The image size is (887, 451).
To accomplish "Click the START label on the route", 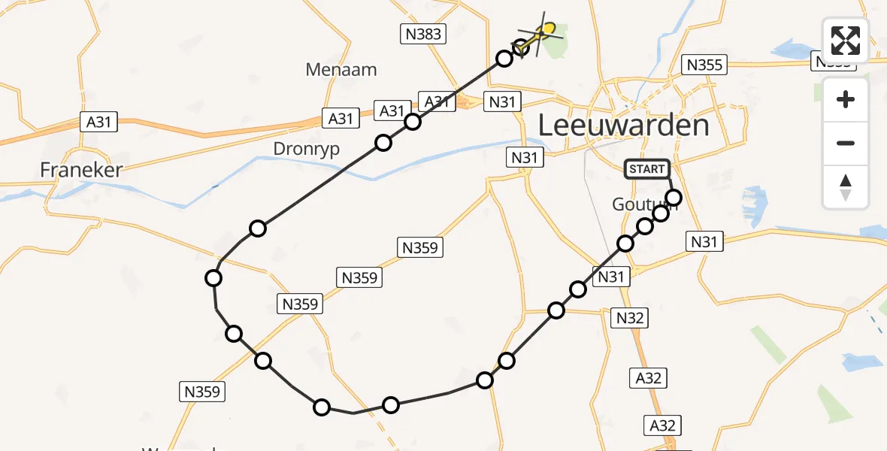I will click(646, 169).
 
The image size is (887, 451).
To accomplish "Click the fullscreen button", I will click(846, 41).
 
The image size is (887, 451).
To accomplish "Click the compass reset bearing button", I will click(846, 186).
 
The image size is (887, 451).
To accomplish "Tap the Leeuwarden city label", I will click(624, 126).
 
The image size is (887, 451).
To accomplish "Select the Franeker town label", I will click(80, 171).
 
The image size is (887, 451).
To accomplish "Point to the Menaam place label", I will click(341, 70).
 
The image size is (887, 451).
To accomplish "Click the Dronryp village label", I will click(306, 149).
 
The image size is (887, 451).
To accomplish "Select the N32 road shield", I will click(630, 318).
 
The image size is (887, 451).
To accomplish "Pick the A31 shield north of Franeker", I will click(100, 122).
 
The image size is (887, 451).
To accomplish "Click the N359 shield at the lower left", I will click(202, 392).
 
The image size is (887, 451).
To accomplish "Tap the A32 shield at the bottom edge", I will click(662, 426).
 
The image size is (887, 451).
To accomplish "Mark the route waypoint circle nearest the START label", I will click(674, 198).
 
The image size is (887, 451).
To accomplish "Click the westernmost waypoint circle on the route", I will click(213, 279).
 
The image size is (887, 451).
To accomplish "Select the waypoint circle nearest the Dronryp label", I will click(383, 143).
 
